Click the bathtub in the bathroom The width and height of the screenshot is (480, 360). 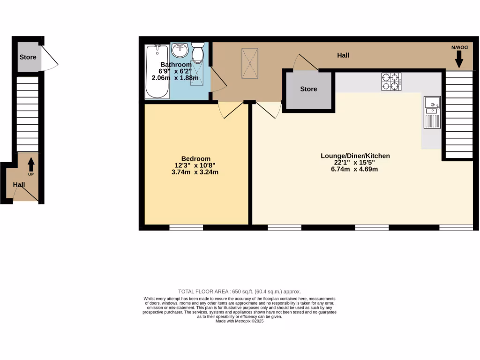tap(157, 71)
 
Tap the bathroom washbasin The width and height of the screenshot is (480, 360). tap(180, 49)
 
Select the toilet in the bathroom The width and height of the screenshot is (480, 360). tap(198, 52)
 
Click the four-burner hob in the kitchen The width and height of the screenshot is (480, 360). tap(390, 81)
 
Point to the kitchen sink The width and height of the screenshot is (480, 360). tap(431, 112)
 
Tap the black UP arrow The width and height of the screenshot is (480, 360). tap(31, 165)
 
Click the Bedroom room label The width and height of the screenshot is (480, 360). tap(196, 158)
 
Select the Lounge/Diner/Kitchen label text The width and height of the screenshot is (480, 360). tap(355, 156)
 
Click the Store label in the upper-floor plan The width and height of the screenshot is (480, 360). tap(308, 89)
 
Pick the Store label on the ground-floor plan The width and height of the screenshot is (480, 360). tap(28, 58)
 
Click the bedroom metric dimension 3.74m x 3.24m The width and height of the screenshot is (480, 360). tap(196, 172)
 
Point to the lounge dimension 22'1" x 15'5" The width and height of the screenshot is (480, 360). tap(355, 163)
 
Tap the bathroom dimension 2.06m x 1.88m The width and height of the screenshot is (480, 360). tap(175, 78)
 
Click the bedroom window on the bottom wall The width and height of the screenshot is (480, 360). tap(186, 228)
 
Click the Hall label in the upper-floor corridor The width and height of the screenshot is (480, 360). tap(343, 55)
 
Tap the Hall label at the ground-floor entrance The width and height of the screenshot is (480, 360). tap(19, 185)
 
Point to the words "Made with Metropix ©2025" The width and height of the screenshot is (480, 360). tap(240, 321)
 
